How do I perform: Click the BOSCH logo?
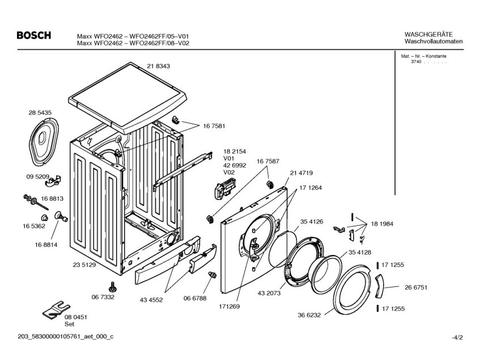(34, 36)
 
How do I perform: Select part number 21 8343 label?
(158, 66)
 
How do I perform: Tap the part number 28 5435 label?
(40, 113)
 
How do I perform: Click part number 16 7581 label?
(214, 126)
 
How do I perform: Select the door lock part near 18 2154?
(223, 190)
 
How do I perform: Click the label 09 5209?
(37, 177)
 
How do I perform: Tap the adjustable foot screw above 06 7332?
(112, 287)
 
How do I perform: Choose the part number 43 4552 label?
(151, 300)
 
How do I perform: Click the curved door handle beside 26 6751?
(379, 286)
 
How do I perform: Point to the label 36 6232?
(309, 315)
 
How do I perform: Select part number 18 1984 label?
(382, 224)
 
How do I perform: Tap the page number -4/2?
(457, 338)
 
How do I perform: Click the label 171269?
(230, 307)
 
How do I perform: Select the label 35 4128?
(360, 252)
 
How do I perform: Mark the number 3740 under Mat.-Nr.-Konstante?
(416, 62)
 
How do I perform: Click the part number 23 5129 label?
(84, 265)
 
